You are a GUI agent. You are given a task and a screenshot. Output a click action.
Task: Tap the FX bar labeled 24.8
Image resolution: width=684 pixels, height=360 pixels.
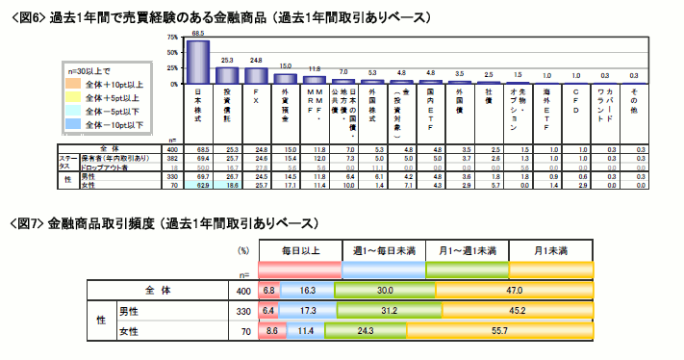256,75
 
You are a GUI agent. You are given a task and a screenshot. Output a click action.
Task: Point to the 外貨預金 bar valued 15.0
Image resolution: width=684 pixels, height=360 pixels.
285,78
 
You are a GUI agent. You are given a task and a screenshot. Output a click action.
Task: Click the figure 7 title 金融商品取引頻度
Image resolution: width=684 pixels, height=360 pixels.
106,223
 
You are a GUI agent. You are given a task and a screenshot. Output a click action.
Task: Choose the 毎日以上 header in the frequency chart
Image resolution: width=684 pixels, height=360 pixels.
299,250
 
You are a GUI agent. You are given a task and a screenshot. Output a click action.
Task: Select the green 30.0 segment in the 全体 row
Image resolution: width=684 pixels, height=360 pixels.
385,289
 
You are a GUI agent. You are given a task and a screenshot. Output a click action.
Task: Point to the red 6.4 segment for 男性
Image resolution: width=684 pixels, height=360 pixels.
268,310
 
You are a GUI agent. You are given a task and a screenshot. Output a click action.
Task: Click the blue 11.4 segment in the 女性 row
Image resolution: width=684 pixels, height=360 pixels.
307,331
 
